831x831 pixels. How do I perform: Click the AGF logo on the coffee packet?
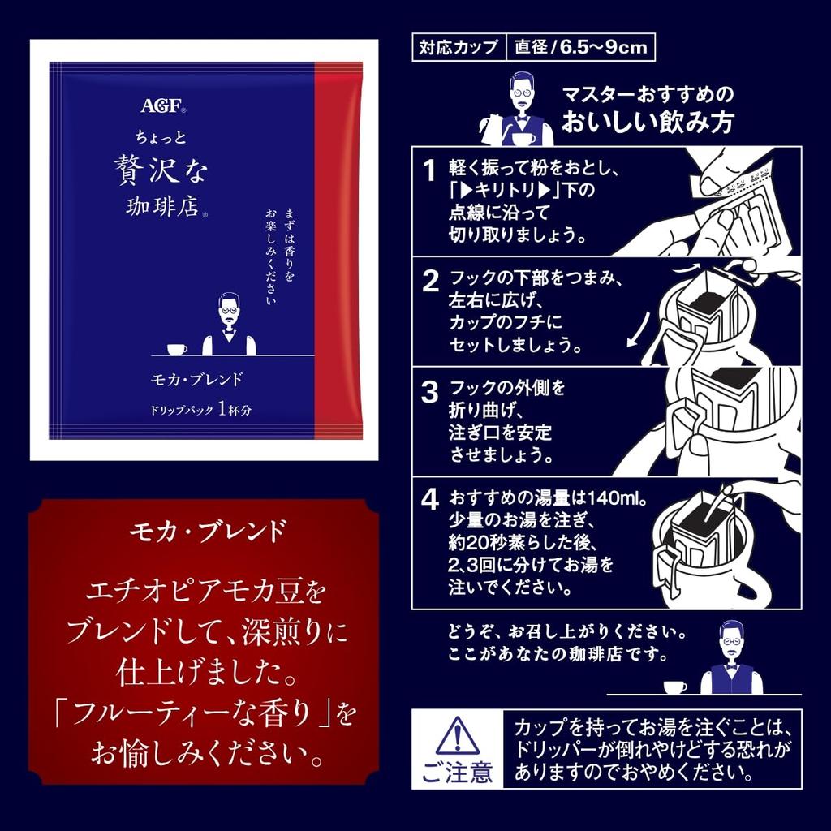coord(162,105)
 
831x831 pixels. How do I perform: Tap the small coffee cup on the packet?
coord(177,350)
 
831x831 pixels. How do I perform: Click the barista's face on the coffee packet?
coord(229,313)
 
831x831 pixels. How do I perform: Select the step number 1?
coord(429,170)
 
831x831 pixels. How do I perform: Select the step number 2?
coord(430,281)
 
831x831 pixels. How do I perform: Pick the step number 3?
coord(430,393)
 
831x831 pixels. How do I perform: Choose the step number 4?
coord(430,499)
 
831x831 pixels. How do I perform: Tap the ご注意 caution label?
coord(458,772)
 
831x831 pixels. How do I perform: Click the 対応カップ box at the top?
coord(459,47)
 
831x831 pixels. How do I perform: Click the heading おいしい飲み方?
coord(648,122)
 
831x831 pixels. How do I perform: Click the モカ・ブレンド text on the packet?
coord(196,380)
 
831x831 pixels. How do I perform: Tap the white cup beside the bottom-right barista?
coord(675,687)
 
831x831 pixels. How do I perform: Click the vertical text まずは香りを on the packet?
coord(290,243)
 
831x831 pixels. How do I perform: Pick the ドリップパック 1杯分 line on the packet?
coord(201,410)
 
